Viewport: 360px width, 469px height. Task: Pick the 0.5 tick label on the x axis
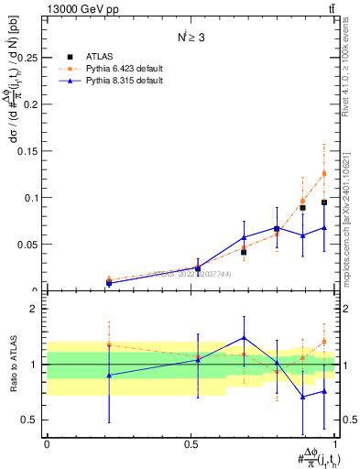coord(191,443)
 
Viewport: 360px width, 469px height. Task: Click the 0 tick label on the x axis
coord(47,443)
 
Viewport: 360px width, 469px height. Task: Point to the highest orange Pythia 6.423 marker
coord(323,173)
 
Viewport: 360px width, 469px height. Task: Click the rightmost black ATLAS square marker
coord(324,202)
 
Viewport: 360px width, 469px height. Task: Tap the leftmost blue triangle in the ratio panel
coord(109,376)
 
